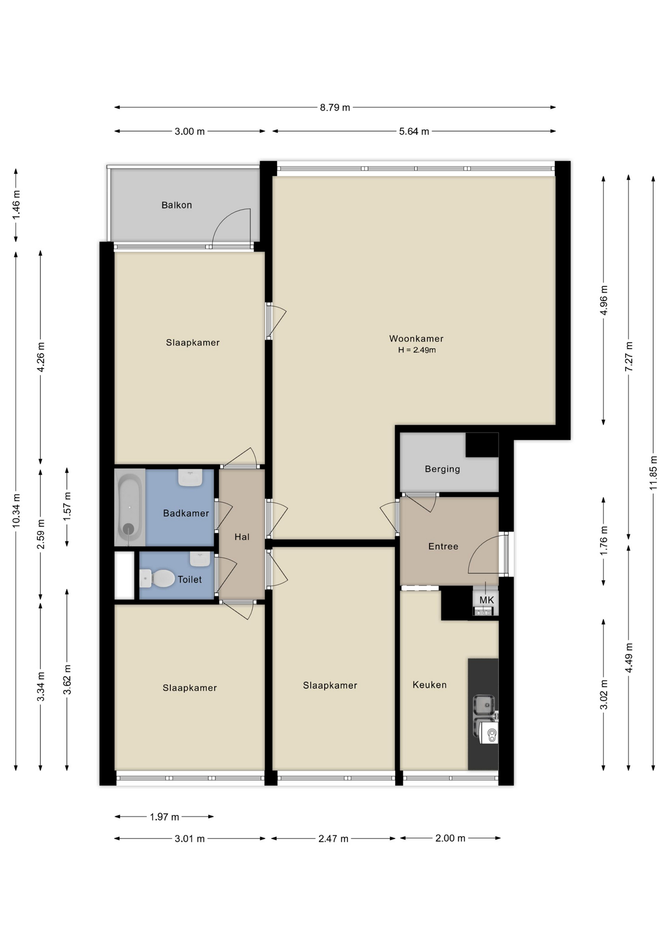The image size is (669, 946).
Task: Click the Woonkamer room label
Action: (x=416, y=338)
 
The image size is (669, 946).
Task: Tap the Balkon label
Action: (x=176, y=205)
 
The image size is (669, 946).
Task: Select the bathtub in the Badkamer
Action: (x=130, y=507)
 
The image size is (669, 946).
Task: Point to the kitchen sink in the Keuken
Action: (x=484, y=704)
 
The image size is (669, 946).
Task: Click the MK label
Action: (x=486, y=600)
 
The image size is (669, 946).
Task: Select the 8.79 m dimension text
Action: (x=334, y=107)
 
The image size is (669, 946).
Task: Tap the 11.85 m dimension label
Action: (x=653, y=473)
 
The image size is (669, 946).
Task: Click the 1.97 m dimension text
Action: (x=164, y=817)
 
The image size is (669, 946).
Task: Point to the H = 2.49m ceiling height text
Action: (x=417, y=350)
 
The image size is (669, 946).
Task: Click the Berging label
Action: (x=442, y=469)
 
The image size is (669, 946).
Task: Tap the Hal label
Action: (x=241, y=537)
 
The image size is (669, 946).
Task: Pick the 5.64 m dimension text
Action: (x=414, y=132)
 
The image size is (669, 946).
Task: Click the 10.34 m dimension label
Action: (x=16, y=510)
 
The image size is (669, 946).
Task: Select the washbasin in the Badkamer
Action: (x=190, y=477)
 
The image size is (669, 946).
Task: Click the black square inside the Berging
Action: (x=482, y=445)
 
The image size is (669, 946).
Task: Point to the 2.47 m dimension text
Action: (x=333, y=839)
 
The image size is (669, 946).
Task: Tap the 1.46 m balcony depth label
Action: (x=16, y=204)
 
